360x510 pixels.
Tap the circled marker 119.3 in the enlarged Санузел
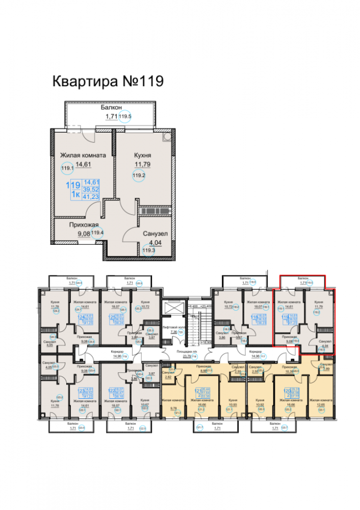(148, 250)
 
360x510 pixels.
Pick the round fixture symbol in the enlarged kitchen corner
(166, 137)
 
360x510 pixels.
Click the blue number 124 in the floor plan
(80, 317)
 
